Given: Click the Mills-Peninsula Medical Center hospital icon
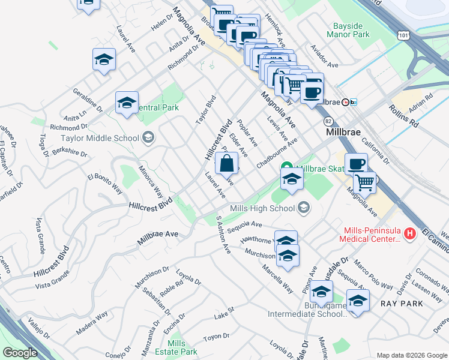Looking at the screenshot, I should tap(410, 233).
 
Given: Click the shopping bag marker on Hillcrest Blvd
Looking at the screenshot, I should tap(226, 163).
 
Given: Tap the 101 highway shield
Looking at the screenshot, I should tap(403, 36).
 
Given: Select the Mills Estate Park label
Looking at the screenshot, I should tap(182, 347).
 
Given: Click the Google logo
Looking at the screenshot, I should tap(20, 353).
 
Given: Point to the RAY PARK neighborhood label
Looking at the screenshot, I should tap(402, 304).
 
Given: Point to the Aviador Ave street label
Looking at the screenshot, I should tap(324, 56).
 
